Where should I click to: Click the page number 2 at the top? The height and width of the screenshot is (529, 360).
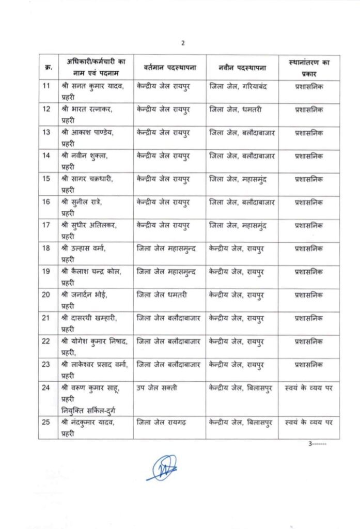click(182, 43)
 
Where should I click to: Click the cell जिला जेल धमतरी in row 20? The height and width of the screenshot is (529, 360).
click(162, 295)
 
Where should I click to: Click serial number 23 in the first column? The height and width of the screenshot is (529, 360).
click(46, 365)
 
